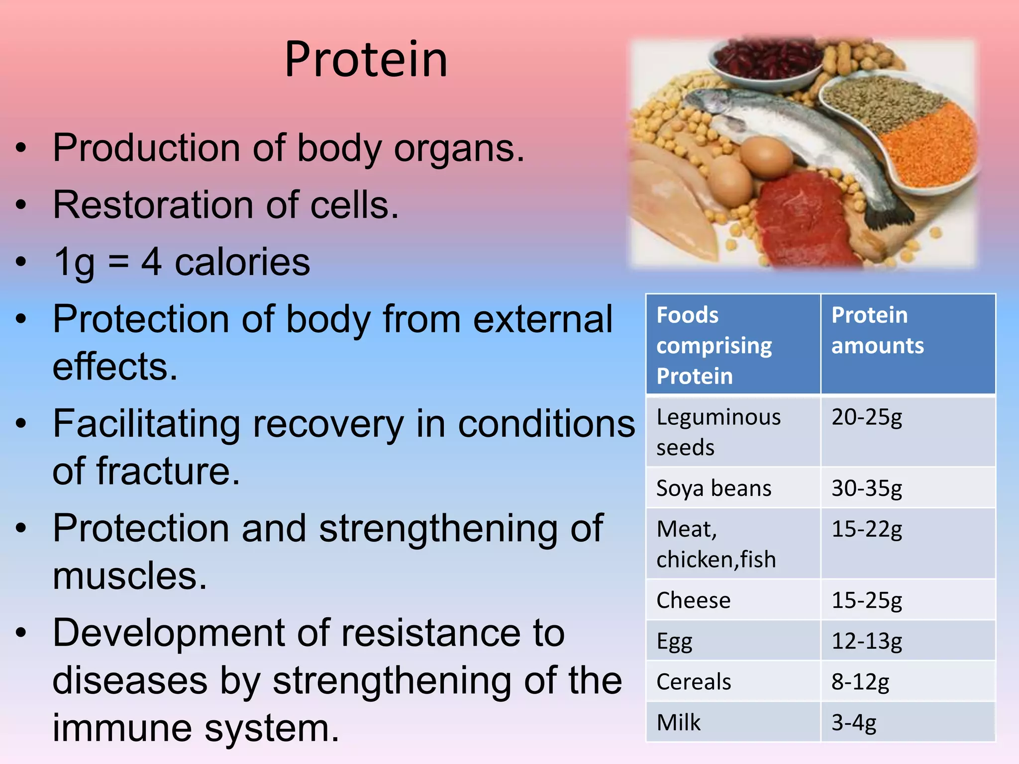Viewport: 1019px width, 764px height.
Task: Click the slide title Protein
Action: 366,60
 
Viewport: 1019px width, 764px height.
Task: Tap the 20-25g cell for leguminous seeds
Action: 866,417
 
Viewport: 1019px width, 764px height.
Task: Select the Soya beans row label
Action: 713,488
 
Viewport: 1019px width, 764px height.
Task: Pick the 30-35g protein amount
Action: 866,488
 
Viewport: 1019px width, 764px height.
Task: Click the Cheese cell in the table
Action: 693,600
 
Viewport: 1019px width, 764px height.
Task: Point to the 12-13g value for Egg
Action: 866,641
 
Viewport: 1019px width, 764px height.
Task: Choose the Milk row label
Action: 678,723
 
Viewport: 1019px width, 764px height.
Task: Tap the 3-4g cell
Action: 853,723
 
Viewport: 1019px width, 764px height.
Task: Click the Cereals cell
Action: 694,682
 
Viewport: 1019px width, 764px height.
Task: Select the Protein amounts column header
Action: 877,330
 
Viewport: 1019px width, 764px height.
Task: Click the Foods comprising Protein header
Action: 713,345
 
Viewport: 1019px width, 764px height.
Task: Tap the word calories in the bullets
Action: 242,262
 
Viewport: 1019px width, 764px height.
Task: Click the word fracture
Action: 168,472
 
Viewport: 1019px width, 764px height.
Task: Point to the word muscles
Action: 129,576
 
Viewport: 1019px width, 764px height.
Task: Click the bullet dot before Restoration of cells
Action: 20,204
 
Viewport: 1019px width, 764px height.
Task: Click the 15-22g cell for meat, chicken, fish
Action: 866,529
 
